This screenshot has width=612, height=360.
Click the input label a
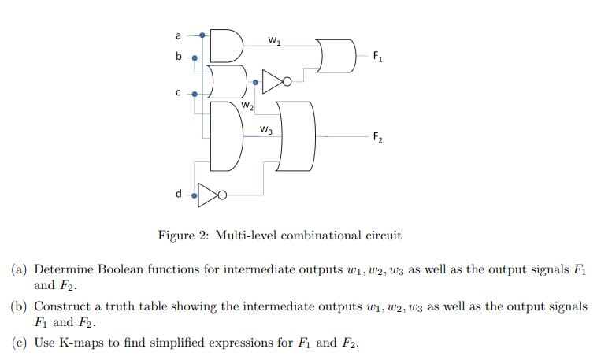(x=178, y=35)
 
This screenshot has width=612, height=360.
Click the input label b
(x=178, y=57)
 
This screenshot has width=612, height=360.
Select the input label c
(x=178, y=92)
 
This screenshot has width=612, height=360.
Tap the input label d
(x=178, y=193)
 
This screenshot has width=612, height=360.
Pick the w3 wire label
(x=266, y=130)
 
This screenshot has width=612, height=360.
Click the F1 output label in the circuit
(x=378, y=57)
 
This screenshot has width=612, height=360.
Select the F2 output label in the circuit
(x=378, y=139)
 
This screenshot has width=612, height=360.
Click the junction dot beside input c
(x=195, y=92)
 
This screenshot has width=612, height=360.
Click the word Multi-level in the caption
(x=247, y=235)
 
